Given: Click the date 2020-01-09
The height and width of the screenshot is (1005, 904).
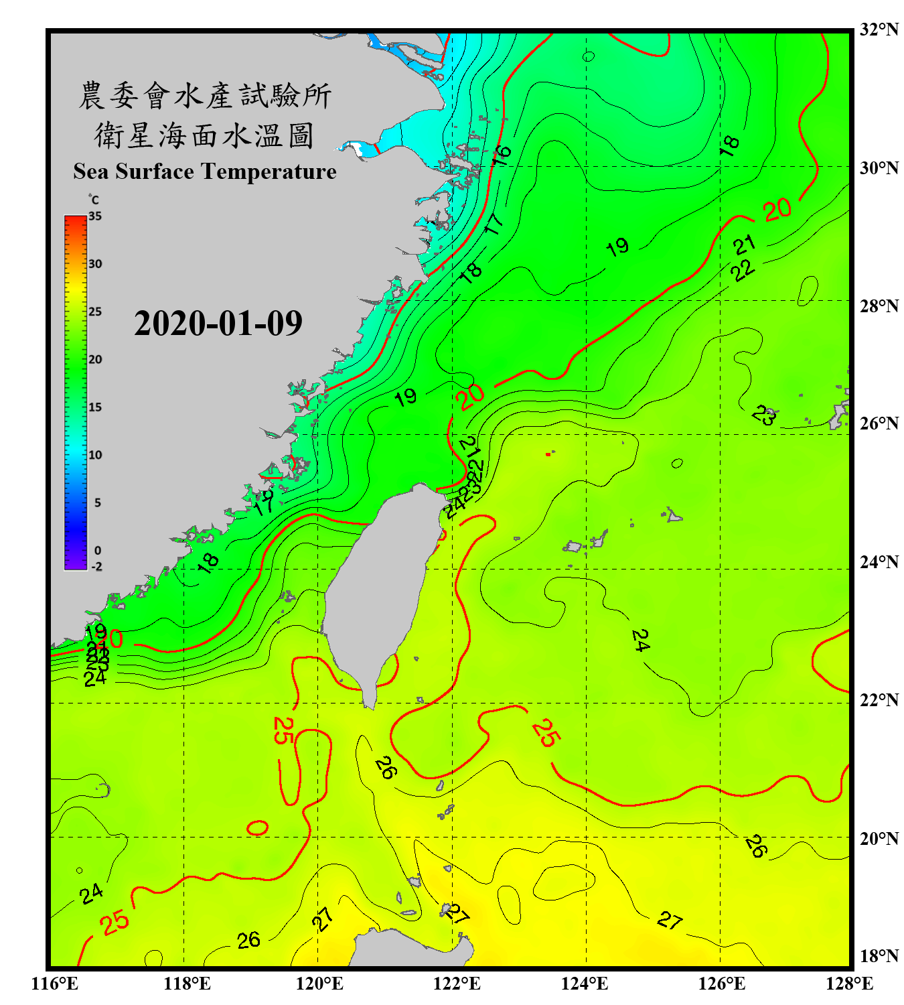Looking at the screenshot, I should [218, 324].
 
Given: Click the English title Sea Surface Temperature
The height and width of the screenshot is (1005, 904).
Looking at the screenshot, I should [205, 172].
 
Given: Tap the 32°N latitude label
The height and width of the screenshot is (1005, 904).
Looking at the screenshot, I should [879, 29].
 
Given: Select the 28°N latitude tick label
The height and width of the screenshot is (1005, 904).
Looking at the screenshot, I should [879, 306].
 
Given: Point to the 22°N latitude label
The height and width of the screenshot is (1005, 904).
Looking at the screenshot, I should [879, 700].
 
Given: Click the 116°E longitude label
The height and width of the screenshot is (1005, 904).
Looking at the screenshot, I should [54, 984].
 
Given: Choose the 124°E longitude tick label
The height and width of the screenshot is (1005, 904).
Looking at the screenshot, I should [585, 984].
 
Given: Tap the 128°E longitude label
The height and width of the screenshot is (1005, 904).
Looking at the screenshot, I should [849, 984].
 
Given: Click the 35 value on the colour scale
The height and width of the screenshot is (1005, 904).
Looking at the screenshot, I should [95, 216].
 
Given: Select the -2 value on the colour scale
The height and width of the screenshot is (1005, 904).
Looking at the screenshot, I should [96, 566].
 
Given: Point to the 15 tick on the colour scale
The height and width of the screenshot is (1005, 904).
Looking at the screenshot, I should [95, 407].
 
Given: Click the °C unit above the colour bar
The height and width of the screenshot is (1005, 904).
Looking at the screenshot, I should [93, 200].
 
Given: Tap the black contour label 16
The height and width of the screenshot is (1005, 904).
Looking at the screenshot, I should [501, 155].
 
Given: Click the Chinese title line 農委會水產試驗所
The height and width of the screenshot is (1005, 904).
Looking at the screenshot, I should [205, 95].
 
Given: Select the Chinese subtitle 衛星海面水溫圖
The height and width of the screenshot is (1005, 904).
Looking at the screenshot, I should [204, 136].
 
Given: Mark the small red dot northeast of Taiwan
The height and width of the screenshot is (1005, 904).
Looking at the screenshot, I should [548, 454].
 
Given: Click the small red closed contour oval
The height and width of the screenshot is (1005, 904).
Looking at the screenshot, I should [258, 827].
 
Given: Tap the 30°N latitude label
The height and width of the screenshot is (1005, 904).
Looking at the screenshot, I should [879, 168].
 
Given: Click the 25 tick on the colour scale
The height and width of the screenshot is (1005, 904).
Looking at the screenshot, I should [95, 312].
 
